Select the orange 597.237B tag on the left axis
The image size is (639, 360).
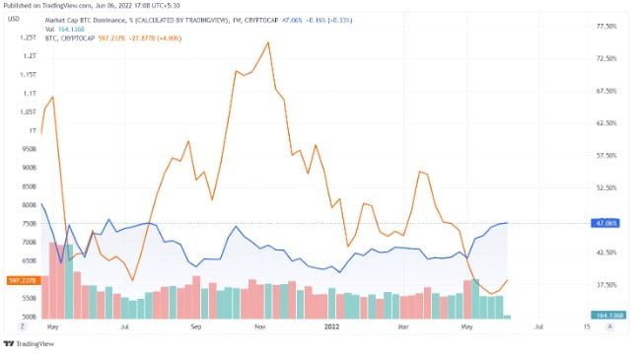pyautogui.click(x=23, y=280)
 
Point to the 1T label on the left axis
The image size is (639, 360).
pyautogui.click(x=32, y=130)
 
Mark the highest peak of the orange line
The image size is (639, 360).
pyautogui.click(x=267, y=42)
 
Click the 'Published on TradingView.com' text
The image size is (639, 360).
pyautogui.click(x=49, y=5)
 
